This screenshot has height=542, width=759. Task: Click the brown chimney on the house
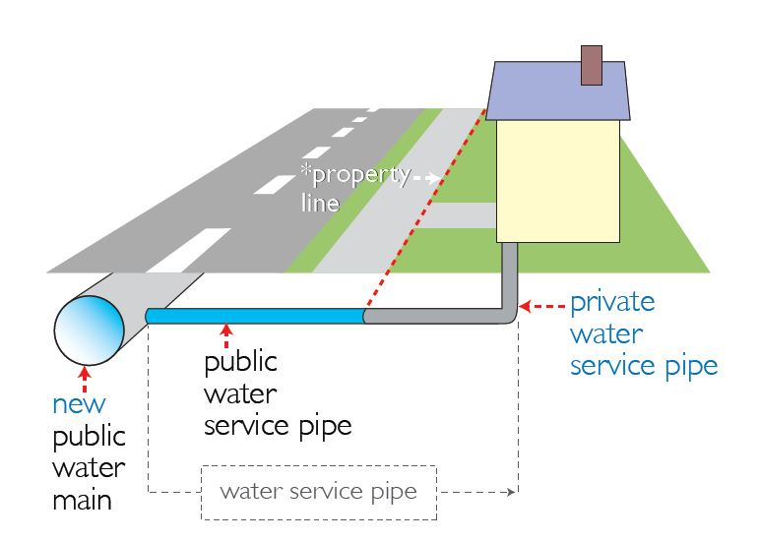592,64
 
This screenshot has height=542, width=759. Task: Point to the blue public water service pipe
256,316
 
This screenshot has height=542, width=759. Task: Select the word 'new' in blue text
79,404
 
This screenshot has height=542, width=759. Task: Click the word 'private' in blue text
612,301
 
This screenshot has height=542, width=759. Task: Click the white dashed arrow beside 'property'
426,178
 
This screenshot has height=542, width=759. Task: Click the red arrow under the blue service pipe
226,336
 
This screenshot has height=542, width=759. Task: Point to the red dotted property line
423,211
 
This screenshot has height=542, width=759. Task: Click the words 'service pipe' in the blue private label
643,365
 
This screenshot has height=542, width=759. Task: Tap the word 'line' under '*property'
320,204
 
